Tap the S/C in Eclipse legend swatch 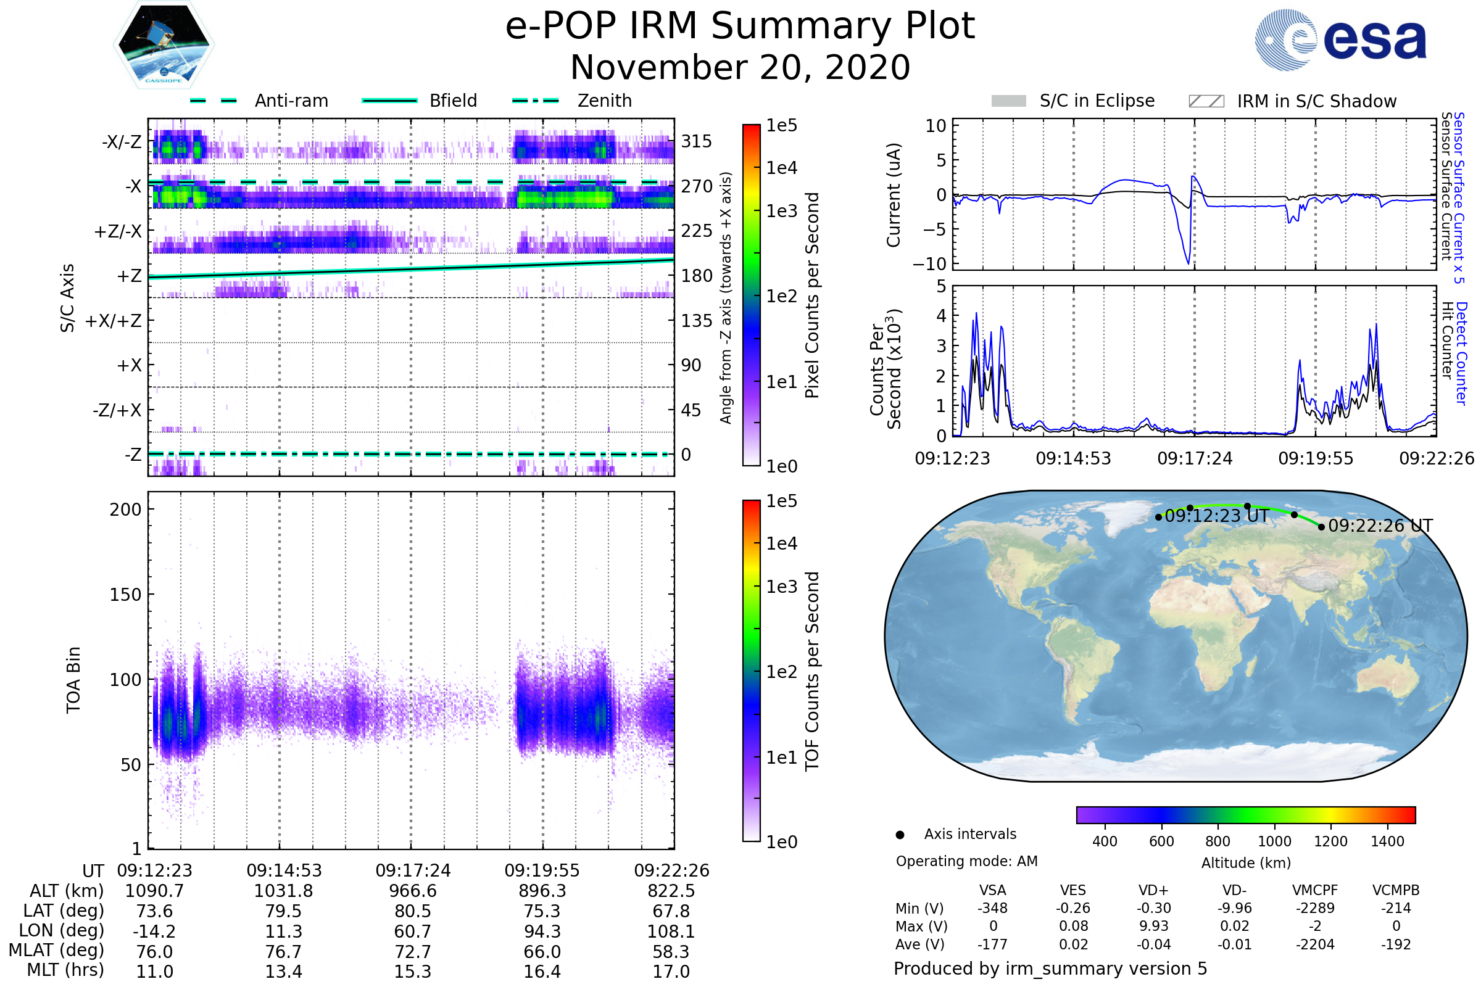click(1008, 101)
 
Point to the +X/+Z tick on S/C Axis click(114, 321)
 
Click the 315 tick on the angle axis click(696, 141)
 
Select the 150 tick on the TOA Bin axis click(125, 595)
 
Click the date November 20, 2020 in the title click(740, 68)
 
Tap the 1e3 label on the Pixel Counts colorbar click(781, 211)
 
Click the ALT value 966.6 click(412, 891)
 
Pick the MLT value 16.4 click(542, 971)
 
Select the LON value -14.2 click(154, 931)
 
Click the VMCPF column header click(1315, 890)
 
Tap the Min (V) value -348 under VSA click(992, 907)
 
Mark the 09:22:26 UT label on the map click(1380, 526)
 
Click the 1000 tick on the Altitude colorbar click(1274, 841)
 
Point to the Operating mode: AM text click(966, 861)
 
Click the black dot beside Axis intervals click(900, 835)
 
